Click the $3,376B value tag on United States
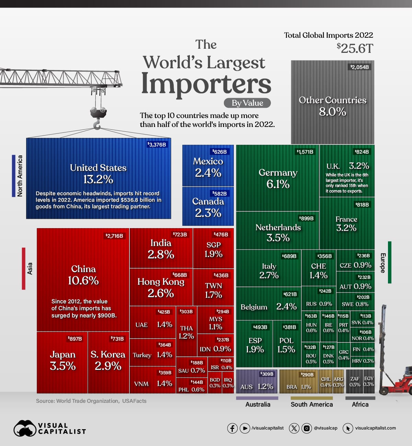point(157,145)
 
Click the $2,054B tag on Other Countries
point(360,67)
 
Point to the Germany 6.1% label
point(278,178)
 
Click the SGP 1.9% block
point(214,249)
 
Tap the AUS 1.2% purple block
point(256,382)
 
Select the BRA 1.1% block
point(299,382)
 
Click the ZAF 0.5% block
point(355,382)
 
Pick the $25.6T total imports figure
point(355,48)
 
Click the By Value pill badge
point(247,103)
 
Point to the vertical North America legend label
point(20,176)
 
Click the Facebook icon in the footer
point(232,428)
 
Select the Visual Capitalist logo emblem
point(25,429)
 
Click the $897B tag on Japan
point(75,339)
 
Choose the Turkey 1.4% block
point(152,355)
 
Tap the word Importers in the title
point(206,83)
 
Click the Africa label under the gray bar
point(360,404)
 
